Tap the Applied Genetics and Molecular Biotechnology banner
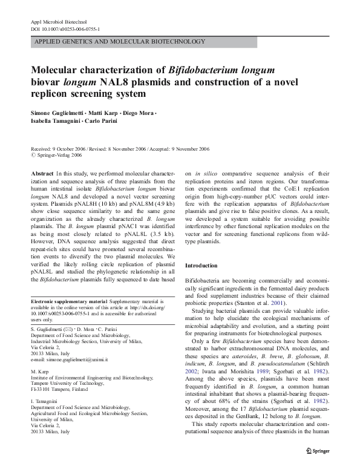(120, 42)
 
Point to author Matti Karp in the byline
(111, 114)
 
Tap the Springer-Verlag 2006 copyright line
(58, 156)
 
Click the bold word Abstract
(42, 174)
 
